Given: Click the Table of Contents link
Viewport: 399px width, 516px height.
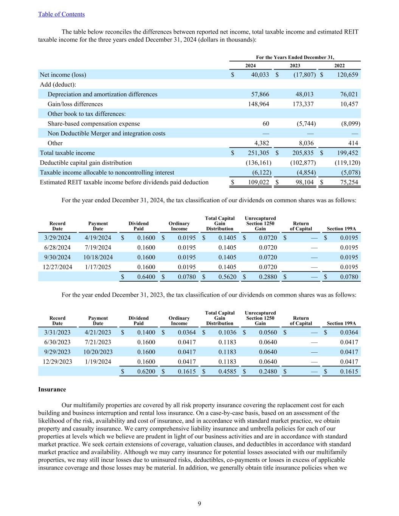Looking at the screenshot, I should [x=61, y=14].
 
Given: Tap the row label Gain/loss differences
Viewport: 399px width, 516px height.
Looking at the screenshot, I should [x=75, y=104].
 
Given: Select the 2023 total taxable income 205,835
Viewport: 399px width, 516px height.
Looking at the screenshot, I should [x=303, y=153].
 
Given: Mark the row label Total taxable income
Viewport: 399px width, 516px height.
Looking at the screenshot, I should [x=67, y=153].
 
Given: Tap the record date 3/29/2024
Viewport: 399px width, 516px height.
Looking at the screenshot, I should [x=57, y=238].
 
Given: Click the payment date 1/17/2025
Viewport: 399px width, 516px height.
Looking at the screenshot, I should [x=98, y=267].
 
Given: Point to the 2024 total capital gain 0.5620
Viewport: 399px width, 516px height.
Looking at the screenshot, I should [x=227, y=277].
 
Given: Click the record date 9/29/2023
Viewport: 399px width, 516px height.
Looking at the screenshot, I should [x=57, y=352].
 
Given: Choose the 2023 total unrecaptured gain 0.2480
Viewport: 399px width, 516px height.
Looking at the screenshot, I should [x=267, y=372].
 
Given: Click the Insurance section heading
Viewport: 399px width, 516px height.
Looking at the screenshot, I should [x=52, y=389].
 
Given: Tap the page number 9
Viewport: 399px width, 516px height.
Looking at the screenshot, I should [x=199, y=504].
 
